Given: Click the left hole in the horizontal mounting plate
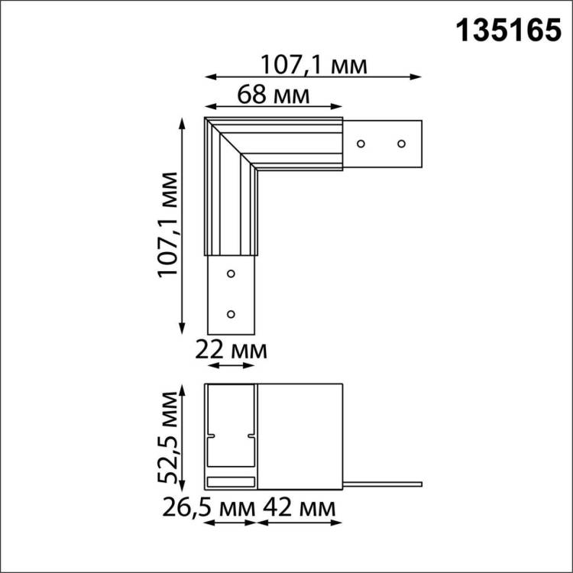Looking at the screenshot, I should click(362, 143).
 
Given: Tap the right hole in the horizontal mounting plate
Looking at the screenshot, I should click(400, 143).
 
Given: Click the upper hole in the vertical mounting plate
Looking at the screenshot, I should click(231, 272).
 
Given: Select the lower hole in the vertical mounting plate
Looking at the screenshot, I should click(231, 312).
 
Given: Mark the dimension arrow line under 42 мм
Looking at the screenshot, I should click(299, 523).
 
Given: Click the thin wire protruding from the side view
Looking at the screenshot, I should click(382, 483).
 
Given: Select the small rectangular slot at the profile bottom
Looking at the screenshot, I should click(230, 481).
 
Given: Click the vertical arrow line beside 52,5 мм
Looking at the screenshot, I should click(182, 437).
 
